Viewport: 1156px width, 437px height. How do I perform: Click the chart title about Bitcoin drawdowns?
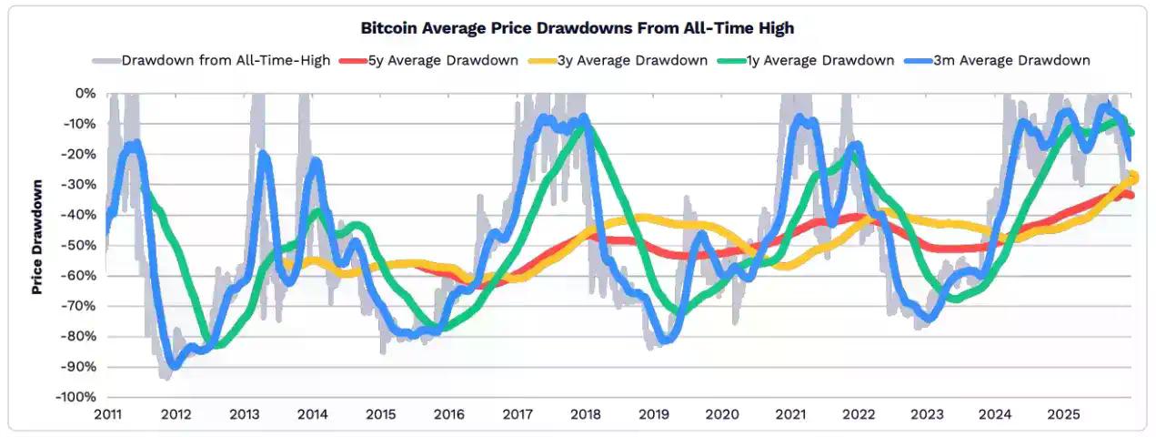(578, 28)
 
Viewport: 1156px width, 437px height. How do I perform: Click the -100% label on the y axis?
(75, 397)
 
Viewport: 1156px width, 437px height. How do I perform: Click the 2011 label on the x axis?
(107, 415)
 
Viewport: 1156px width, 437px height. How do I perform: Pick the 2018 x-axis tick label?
(586, 415)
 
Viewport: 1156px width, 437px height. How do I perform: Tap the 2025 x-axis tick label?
(1063, 415)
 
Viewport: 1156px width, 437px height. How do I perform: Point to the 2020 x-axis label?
(722, 415)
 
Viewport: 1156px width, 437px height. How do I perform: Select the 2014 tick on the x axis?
(312, 415)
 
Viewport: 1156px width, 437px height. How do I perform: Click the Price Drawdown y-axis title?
(38, 237)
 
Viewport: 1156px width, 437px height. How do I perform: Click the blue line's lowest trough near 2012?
(173, 365)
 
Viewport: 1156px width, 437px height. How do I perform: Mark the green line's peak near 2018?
(583, 126)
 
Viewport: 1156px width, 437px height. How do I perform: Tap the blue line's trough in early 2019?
(666, 340)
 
